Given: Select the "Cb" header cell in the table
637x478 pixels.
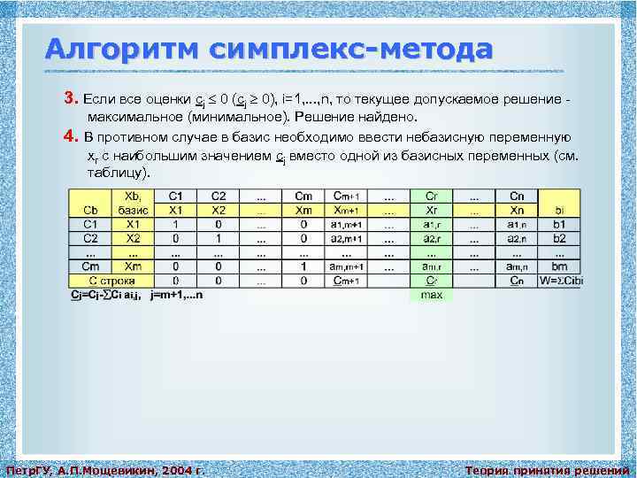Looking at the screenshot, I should pyautogui.click(x=90, y=211).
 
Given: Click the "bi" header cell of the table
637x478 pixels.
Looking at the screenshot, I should pyautogui.click(x=559, y=211).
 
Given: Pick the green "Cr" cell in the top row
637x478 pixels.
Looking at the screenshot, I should pyautogui.click(x=431, y=196).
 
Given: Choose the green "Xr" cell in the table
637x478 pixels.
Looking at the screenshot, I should pyautogui.click(x=431, y=211).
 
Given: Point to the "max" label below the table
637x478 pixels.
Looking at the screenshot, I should pyautogui.click(x=431, y=295).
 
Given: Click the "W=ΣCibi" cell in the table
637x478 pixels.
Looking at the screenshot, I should pyautogui.click(x=559, y=281).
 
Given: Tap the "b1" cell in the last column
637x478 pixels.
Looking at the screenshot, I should pyautogui.click(x=559, y=225).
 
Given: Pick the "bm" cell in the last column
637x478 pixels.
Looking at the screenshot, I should pyautogui.click(x=559, y=266).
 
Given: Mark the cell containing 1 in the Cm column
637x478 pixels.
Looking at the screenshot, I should pyautogui.click(x=303, y=266).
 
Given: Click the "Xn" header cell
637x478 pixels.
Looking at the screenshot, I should pyautogui.click(x=517, y=211).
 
